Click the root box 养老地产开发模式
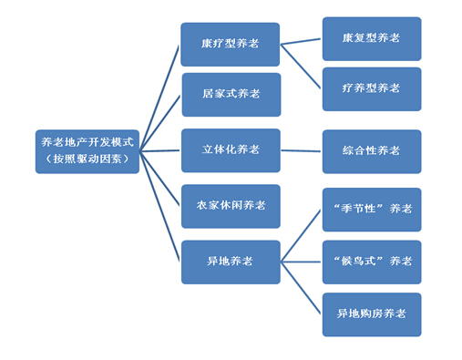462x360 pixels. (87, 144)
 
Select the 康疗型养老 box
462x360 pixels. (231, 44)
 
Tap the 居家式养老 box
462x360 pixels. (231, 94)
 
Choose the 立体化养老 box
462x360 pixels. (231, 149)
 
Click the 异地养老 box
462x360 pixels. (231, 262)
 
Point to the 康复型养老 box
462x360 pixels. (372, 39)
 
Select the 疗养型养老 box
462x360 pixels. (372, 88)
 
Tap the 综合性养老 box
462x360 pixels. (372, 150)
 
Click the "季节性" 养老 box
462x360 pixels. (372, 210)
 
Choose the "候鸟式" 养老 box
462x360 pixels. (372, 262)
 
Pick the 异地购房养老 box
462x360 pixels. (372, 314)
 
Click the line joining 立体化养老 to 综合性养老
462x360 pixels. (301, 150)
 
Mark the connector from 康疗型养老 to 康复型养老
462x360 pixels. (301, 42)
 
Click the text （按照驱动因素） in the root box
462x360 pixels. (87, 159)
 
